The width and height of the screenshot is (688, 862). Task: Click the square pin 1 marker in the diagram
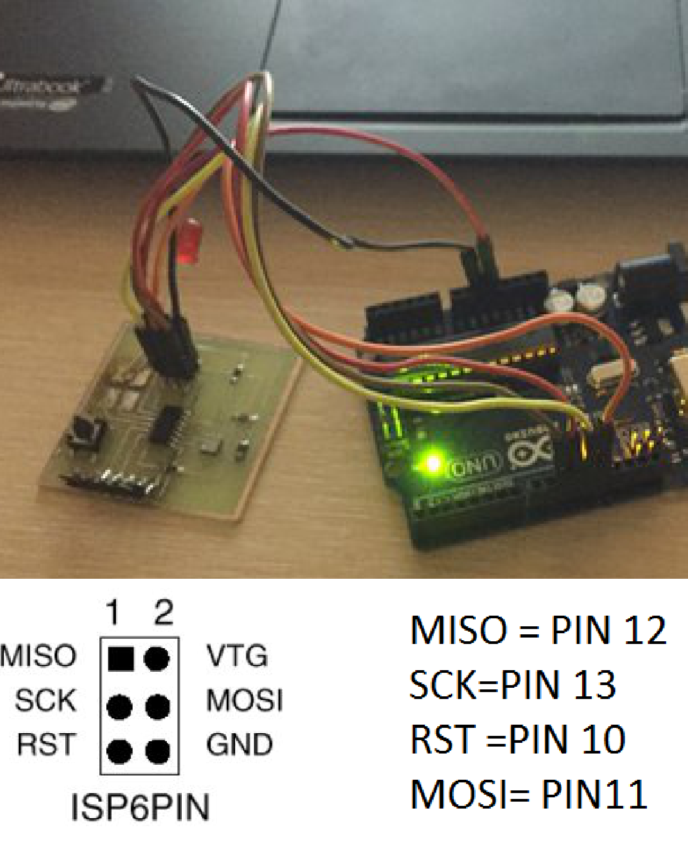(x=121, y=658)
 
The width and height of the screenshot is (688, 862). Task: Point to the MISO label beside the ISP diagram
(x=38, y=656)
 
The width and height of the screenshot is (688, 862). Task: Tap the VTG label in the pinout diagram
(x=237, y=656)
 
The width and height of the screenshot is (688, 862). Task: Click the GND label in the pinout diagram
(x=239, y=744)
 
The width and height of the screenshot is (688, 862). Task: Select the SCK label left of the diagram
(x=45, y=700)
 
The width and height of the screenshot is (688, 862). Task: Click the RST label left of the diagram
(x=46, y=744)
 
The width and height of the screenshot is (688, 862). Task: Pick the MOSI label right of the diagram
(x=244, y=700)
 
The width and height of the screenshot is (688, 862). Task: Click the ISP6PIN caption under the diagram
(x=140, y=807)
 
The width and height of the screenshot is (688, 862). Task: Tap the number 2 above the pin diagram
(x=164, y=612)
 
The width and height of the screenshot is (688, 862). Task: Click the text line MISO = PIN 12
(x=538, y=631)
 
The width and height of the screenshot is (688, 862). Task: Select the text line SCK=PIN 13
(x=512, y=685)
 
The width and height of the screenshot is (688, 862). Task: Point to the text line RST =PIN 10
(x=517, y=740)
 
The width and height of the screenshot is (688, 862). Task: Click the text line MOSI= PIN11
(x=529, y=794)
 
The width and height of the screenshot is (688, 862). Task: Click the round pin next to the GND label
(x=158, y=751)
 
